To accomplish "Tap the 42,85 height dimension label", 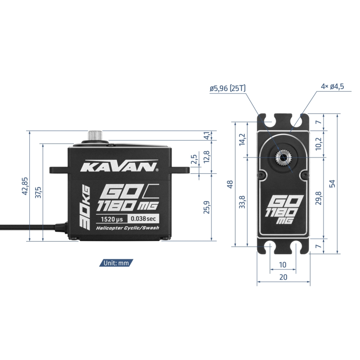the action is pos(25,186).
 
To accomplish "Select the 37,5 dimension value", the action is pos(38,193).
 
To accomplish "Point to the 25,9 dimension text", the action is pos(207,207).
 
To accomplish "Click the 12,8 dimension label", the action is pos(207,157).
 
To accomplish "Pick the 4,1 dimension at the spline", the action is pos(207,135).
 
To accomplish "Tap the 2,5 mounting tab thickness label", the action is pos(194,159).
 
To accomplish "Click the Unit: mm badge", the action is pos(116,263).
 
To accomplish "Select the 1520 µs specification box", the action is pos(112,219).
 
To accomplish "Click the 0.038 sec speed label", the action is pos(143,219).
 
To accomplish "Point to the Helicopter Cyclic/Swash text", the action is pos(127,228).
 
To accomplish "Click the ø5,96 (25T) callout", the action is pos(228,88).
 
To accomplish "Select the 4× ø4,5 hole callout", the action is pos(333,86).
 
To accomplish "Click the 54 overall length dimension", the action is pos(332,184).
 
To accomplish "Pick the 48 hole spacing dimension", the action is pos(230,184).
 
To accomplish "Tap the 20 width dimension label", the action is pos(283,277).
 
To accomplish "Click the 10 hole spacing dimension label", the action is pos(283,265).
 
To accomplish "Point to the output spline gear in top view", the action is pos(283,158).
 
